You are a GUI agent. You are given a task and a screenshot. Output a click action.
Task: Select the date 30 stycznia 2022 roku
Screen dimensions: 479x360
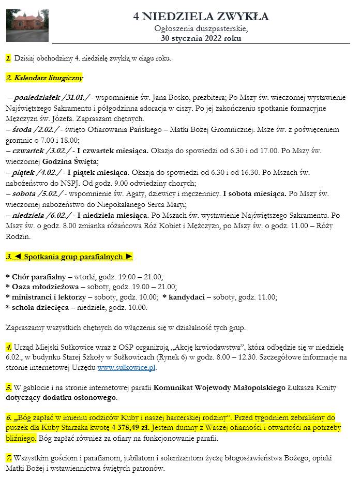tap(201, 38)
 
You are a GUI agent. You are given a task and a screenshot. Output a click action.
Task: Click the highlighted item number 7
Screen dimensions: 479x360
tap(9, 458)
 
